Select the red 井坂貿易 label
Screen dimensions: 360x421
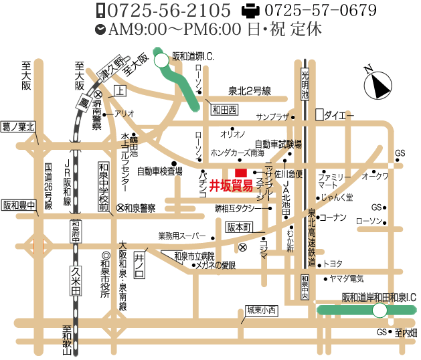[231, 185]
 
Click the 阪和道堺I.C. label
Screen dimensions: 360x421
[192, 58]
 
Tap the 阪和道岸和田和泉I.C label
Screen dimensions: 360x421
[379, 296]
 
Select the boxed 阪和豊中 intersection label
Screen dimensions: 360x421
[18, 205]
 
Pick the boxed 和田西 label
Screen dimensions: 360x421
[225, 108]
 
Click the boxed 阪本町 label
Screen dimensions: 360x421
[238, 227]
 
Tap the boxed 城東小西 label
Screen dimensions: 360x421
[261, 310]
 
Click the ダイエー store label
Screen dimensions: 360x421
[339, 115]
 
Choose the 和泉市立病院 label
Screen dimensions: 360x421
[194, 256]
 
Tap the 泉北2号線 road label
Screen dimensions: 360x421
[249, 91]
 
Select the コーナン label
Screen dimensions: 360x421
[332, 217]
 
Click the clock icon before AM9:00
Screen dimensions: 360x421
[100, 29]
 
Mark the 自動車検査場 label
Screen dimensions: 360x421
[159, 171]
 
